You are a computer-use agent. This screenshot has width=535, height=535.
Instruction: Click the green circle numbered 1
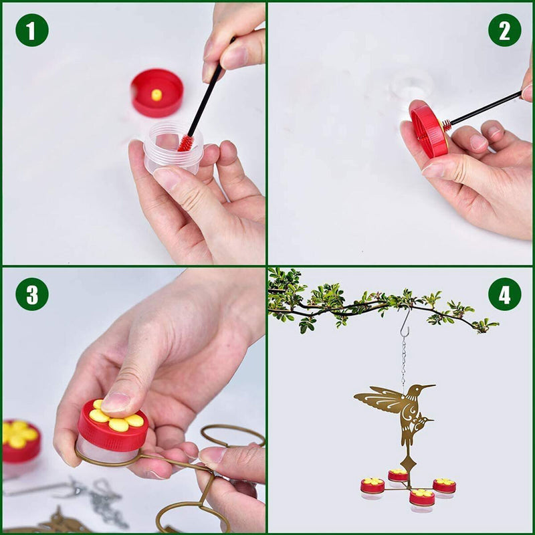31,30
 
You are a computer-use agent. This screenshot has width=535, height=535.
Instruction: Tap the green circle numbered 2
504,30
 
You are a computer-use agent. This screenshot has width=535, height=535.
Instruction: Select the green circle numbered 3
31,294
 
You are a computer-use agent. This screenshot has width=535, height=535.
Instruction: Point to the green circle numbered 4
504,294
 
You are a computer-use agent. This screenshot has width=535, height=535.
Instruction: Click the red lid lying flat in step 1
157,92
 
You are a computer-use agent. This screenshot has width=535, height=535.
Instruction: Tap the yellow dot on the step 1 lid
156,95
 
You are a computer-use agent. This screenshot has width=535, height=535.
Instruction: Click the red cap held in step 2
428,130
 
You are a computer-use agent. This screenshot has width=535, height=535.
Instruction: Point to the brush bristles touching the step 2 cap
446,125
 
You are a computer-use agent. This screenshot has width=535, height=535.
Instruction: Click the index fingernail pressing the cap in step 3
116,402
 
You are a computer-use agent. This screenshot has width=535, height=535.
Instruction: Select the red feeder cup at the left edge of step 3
20,441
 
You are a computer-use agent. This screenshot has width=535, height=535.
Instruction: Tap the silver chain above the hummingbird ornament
403,361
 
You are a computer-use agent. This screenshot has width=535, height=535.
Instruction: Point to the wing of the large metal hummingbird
378,400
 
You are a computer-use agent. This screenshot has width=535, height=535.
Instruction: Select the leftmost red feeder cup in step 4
372,487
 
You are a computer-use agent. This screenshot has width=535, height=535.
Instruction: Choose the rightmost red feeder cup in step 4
444,486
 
